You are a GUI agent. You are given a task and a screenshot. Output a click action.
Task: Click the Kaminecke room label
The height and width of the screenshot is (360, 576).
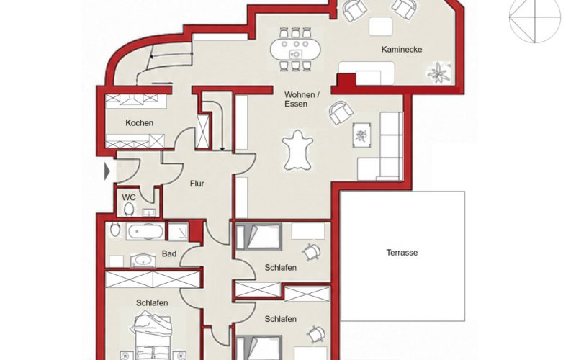pyautogui.click(x=402, y=49)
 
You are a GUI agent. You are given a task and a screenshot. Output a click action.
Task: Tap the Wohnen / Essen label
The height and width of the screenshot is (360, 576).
pyautogui.click(x=302, y=99)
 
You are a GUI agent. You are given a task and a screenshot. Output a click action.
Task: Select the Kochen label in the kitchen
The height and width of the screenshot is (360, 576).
pyautogui.click(x=139, y=122)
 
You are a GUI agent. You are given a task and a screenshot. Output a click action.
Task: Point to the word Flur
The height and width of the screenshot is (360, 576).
pyautogui.click(x=197, y=184)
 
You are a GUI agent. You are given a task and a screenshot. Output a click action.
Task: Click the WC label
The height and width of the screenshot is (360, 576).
pyautogui.click(x=129, y=197)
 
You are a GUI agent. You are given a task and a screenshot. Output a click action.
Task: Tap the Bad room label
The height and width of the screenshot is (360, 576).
pyautogui.click(x=169, y=253)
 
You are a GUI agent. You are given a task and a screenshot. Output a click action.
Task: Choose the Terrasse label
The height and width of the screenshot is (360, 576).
pyautogui.click(x=402, y=253)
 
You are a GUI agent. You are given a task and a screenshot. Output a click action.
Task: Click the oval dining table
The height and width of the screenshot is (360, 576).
pyautogui.click(x=295, y=49)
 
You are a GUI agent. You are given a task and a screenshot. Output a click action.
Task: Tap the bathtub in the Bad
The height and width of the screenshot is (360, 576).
pyautogui.click(x=145, y=231)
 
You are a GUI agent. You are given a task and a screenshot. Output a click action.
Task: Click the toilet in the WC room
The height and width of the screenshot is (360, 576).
pyautogui.click(x=129, y=210)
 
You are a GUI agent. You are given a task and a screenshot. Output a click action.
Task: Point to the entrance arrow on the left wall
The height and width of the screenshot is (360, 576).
pyautogui.click(x=107, y=171)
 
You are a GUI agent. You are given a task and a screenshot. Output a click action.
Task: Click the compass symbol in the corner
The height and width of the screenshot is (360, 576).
pyautogui.click(x=535, y=17)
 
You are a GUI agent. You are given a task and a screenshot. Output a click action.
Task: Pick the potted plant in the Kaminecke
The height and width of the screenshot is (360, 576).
pyautogui.click(x=438, y=73)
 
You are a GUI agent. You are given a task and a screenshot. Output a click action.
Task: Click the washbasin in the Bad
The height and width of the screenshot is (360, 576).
pyautogui.click(x=143, y=261)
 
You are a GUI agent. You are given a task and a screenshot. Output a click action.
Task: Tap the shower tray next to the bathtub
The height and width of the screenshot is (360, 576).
pyautogui.click(x=178, y=231)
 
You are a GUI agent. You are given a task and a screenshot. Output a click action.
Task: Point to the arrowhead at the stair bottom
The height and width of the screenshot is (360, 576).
pyautogui.click(x=222, y=149)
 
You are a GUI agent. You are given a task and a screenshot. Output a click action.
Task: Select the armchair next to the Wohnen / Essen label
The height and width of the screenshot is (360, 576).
pyautogui.click(x=341, y=112)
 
